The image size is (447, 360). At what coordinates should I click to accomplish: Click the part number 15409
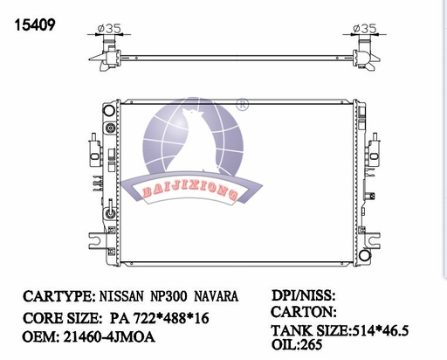click(35, 25)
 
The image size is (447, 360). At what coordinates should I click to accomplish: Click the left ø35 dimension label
click(109, 28)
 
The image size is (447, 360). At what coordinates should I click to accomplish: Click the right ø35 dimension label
click(364, 28)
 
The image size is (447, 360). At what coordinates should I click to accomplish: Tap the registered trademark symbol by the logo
click(242, 104)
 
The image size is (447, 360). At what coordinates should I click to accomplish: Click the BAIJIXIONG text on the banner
click(189, 190)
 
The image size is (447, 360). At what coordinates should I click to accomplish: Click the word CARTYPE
click(58, 296)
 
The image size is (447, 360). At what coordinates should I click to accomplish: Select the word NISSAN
click(121, 296)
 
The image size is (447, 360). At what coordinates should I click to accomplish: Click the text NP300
click(168, 296)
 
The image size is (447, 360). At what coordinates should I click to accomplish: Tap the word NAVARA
click(216, 296)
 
